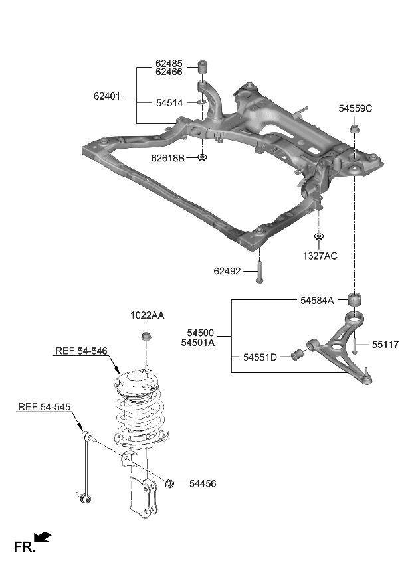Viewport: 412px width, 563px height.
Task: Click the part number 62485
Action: [x=169, y=64]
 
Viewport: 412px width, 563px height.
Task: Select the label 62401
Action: [x=106, y=96]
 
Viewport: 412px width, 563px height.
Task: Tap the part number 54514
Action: [x=169, y=103]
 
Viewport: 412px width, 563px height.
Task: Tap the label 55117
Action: [x=387, y=345]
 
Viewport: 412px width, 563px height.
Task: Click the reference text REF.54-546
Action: [x=80, y=351]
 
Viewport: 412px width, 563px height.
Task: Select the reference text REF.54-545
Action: [x=44, y=407]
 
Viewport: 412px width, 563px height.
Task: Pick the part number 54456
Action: [x=203, y=484]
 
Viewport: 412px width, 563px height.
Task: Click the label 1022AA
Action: [x=147, y=315]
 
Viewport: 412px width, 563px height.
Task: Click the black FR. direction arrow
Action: [x=43, y=536]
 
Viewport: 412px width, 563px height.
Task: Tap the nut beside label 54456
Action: [x=170, y=483]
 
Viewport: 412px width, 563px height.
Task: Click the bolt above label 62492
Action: [x=258, y=275]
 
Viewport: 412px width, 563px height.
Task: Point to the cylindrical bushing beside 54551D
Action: [x=298, y=357]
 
